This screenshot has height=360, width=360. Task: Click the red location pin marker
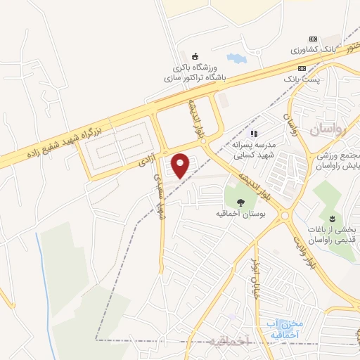pos(181,166)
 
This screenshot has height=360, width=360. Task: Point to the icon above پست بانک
pos(302,69)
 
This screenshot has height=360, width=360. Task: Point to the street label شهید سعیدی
pos(157,197)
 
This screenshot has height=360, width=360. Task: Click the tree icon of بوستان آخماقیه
pos(240,201)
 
